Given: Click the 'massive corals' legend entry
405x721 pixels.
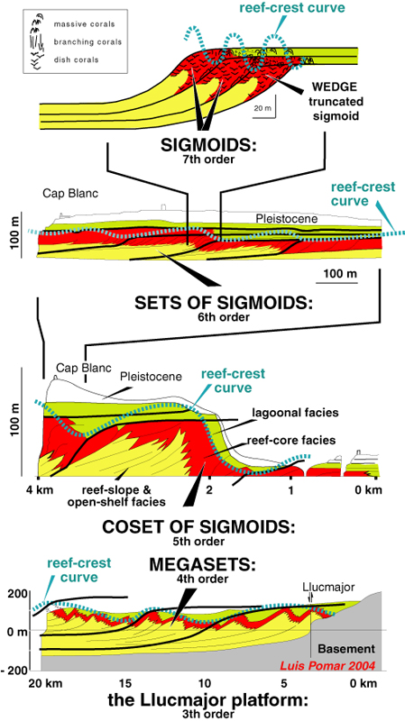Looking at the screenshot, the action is click(x=84, y=23).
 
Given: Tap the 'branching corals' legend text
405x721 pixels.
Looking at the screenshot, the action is click(x=87, y=41).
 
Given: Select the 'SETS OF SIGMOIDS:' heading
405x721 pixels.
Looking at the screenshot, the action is click(x=223, y=303).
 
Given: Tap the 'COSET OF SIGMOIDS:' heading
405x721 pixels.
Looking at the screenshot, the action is click(x=198, y=525).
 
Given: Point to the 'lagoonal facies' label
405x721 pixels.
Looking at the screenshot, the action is click(x=295, y=413).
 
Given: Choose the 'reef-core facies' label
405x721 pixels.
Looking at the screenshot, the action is click(x=290, y=441).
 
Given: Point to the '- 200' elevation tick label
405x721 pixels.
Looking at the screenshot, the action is click(x=15, y=670).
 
